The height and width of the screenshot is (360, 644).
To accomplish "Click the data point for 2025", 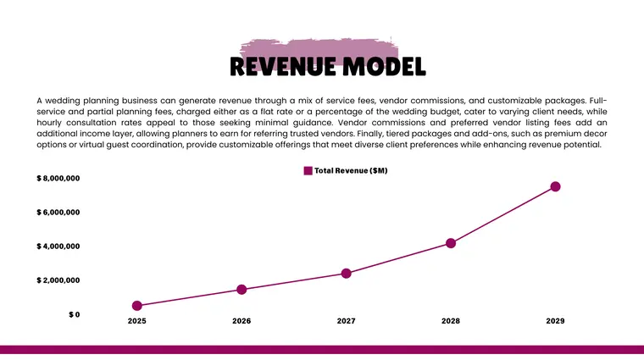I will [x=137, y=306].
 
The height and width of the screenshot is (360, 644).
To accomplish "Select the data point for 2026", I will [x=241, y=290].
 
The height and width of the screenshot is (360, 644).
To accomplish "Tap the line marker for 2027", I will [x=346, y=274].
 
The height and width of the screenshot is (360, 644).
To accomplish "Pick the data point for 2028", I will [x=451, y=243].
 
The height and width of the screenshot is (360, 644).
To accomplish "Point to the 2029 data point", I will [x=555, y=186].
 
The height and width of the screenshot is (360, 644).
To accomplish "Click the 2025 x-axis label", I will [x=137, y=322].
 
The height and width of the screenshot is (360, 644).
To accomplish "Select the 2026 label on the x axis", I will [x=241, y=322].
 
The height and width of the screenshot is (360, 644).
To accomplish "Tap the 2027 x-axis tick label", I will [x=346, y=322].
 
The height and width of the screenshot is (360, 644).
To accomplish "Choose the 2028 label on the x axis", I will [x=451, y=322].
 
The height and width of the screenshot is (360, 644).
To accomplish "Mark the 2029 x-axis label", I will [x=555, y=322].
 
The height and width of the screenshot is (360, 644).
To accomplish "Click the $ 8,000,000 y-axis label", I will [x=58, y=179].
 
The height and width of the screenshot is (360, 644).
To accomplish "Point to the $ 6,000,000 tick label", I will [x=58, y=213].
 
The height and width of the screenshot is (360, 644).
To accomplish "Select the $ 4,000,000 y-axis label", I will [x=58, y=246].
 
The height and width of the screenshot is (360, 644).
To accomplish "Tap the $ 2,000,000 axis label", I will [x=58, y=280].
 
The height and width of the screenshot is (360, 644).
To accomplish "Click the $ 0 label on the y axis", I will [x=75, y=314].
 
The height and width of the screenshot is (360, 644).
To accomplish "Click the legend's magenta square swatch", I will [x=308, y=171].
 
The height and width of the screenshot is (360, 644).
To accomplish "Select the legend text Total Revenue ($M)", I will [x=351, y=171].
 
